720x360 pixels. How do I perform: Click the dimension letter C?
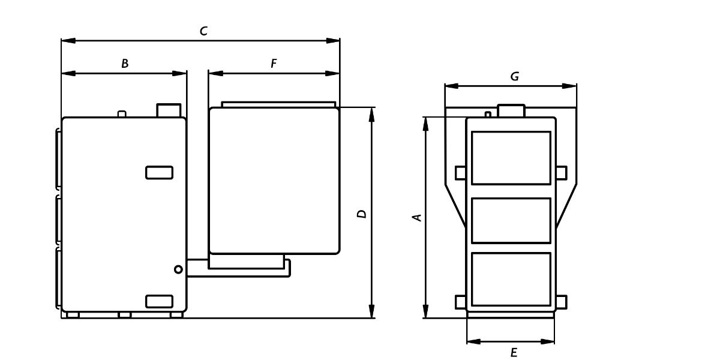point(203,31)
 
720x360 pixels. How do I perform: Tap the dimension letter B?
point(125,64)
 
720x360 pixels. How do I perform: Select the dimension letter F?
point(274,64)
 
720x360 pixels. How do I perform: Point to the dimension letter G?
point(515,77)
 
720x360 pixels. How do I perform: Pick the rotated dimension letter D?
point(362,214)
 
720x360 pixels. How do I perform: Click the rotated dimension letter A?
point(417,218)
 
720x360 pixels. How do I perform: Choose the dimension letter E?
point(514,353)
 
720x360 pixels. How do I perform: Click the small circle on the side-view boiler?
point(178,269)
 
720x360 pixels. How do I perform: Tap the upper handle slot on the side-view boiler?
point(160,173)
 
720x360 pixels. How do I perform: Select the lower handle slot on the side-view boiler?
point(160,301)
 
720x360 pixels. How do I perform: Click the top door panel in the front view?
point(511,158)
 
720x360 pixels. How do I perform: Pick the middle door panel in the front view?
point(511,221)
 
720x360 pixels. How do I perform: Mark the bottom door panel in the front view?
point(511,279)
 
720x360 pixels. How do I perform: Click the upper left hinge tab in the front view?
point(461,173)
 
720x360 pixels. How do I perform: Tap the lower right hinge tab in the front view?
point(562,302)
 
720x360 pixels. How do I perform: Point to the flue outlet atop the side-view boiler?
point(169,110)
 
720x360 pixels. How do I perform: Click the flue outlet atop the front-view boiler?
point(511,110)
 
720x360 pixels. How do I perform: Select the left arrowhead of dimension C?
point(68,41)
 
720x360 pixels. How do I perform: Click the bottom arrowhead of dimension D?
point(372,311)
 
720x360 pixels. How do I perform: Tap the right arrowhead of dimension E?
point(548,341)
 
